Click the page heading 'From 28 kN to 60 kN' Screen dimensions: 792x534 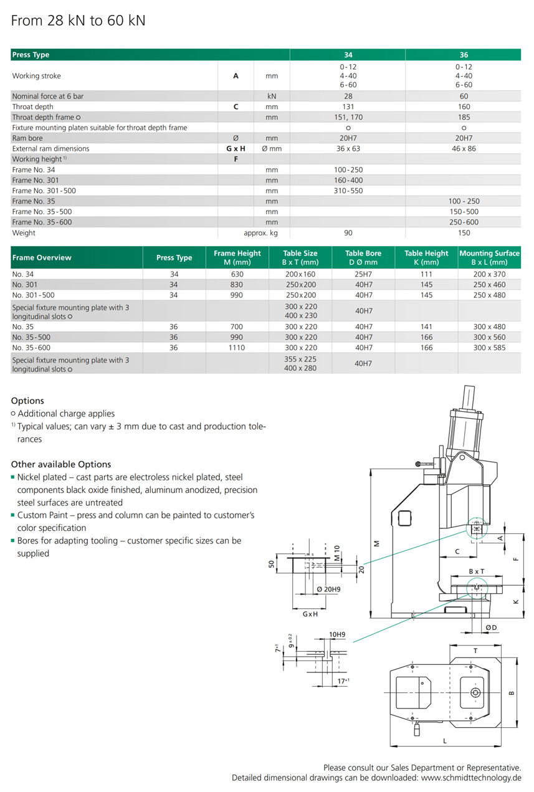[79, 21]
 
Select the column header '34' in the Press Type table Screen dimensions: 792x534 [348, 55]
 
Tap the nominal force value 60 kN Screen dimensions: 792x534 [464, 97]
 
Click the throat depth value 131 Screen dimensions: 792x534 [348, 107]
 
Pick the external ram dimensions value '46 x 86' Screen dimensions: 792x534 [464, 149]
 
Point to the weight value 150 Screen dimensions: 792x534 [464, 233]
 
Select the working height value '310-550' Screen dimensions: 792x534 [348, 191]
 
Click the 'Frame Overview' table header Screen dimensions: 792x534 [42, 258]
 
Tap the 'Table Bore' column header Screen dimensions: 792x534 [363, 254]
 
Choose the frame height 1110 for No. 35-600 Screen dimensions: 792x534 [237, 348]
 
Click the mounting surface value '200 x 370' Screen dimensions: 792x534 [489, 274]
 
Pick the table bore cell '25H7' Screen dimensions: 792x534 [363, 274]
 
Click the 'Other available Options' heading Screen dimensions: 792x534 [61, 464]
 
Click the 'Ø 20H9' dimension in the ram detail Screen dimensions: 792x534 [328, 589]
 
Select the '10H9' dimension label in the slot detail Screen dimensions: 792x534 [337, 635]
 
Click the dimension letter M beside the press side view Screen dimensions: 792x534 [376, 543]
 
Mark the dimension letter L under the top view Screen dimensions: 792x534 [444, 741]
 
